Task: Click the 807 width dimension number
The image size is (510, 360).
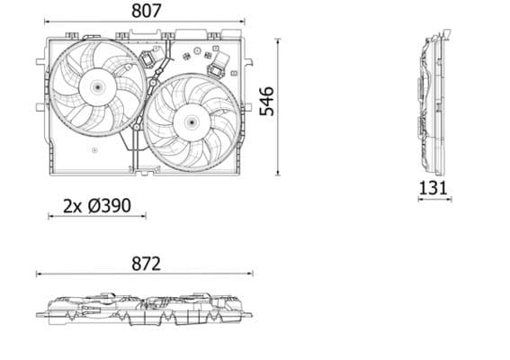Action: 146,12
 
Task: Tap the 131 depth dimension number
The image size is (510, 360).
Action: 434,187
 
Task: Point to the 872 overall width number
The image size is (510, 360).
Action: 145,264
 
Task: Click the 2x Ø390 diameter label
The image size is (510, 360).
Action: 97,205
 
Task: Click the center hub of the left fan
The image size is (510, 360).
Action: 95,86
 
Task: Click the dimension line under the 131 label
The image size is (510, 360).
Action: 434,200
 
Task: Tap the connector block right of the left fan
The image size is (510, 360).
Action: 148,60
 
